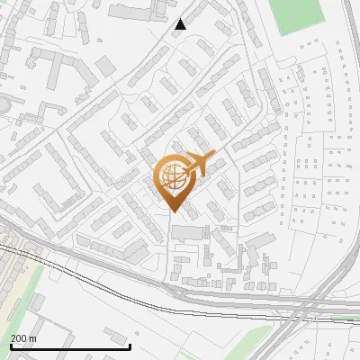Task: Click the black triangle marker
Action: pos(181,24)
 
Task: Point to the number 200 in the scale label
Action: pos(18,338)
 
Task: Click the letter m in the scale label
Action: pos(33,338)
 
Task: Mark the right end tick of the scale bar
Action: pos(130,346)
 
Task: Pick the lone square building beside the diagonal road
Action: pos(106,65)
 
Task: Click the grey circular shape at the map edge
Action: pos(3,106)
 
